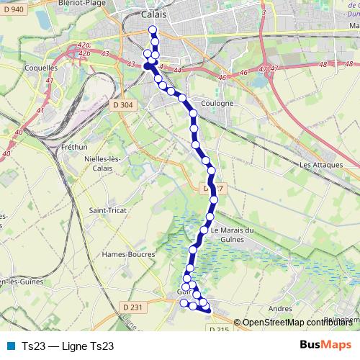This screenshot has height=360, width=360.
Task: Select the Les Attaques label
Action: (x=318, y=165)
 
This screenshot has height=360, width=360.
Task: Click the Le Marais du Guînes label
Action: (x=233, y=235)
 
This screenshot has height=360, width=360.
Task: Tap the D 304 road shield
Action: (x=123, y=104)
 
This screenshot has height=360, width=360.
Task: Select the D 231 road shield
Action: (x=133, y=307)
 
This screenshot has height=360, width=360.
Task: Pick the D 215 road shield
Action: (x=219, y=329)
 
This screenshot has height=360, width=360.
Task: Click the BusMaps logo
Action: (x=326, y=345)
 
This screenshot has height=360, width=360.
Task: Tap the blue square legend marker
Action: (x=11, y=346)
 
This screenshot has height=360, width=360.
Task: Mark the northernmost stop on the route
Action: (x=152, y=30)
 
